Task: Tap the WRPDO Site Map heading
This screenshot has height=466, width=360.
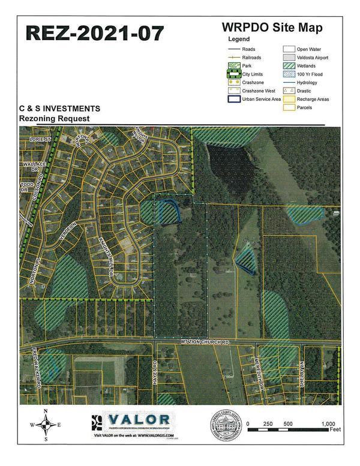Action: [272, 27]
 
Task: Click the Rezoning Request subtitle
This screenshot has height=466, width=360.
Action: [54, 119]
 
